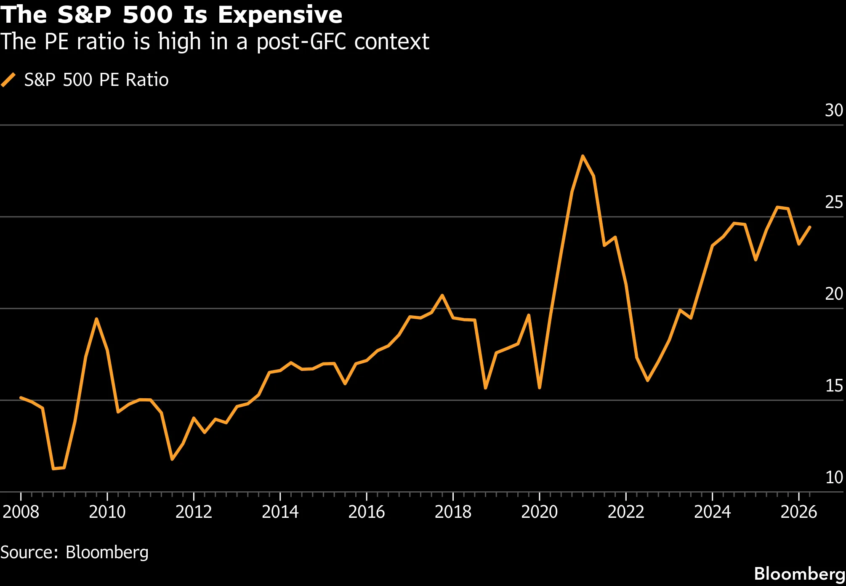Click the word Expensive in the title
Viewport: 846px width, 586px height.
[x=279, y=15]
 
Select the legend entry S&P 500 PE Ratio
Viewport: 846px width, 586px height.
[x=96, y=80]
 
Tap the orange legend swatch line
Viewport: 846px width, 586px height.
[x=8, y=80]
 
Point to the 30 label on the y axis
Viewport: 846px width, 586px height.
[x=833, y=111]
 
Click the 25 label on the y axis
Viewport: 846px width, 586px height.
[x=833, y=202]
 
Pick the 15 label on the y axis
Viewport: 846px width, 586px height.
[x=833, y=386]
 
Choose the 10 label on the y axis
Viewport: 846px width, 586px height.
[x=833, y=477]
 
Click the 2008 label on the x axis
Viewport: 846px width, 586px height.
[x=21, y=512]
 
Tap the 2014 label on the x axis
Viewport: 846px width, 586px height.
[x=280, y=512]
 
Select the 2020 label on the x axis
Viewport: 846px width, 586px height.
[x=539, y=512]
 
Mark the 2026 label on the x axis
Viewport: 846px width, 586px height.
[x=798, y=512]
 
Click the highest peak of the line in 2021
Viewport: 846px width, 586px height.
[x=583, y=156]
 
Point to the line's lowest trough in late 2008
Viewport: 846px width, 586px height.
[x=53, y=469]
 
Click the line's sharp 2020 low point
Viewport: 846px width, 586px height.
[x=540, y=388]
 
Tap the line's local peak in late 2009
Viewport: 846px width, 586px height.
[x=96, y=319]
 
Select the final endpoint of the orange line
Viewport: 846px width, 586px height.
[x=810, y=227]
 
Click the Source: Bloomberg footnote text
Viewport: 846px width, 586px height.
[x=74, y=552]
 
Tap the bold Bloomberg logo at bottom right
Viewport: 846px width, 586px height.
[x=799, y=573]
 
